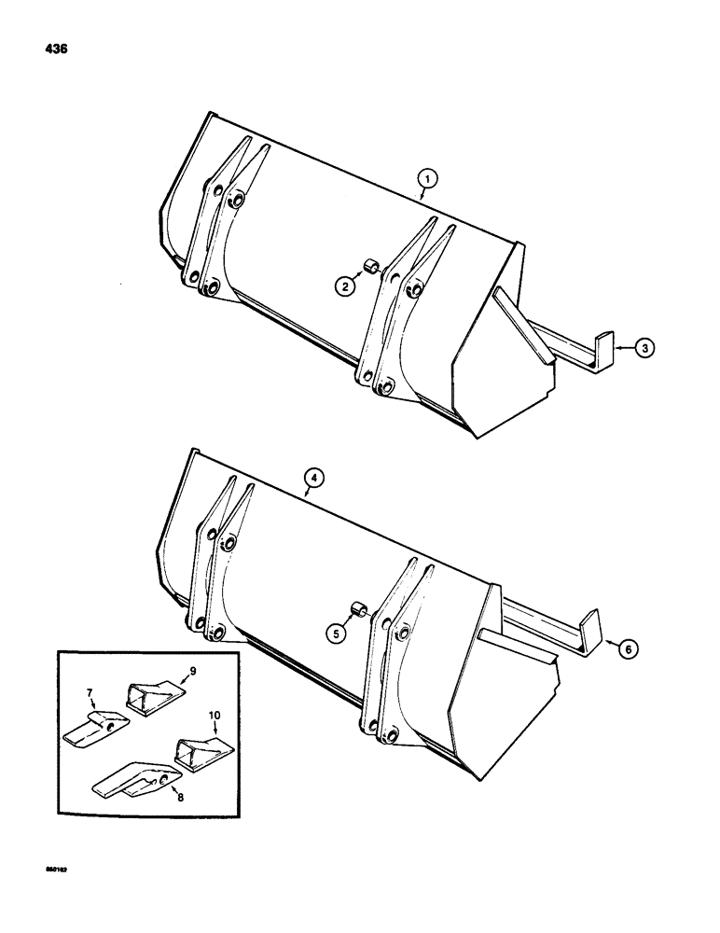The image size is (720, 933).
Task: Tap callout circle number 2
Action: [345, 288]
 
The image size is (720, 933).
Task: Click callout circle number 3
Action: [644, 348]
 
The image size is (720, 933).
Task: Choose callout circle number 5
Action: [336, 632]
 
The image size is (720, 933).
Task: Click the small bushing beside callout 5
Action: [355, 612]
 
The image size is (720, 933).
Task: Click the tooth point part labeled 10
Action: [200, 750]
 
